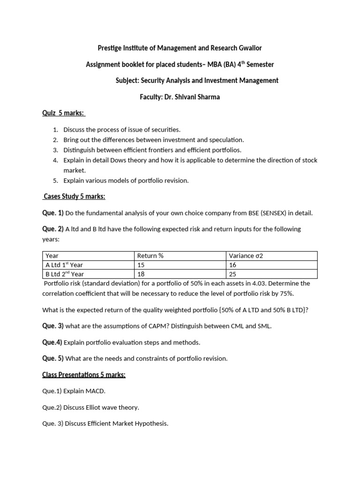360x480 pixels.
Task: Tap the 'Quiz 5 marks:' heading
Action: (63, 113)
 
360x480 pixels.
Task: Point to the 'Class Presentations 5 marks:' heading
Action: (84, 375)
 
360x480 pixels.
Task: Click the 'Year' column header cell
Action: (52, 256)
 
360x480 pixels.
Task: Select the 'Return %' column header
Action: (150, 256)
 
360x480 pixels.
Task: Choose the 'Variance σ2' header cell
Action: (246, 256)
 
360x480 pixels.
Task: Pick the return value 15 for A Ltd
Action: (141, 265)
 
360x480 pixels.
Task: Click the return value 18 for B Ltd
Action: (141, 274)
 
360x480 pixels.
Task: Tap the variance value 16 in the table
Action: (232, 265)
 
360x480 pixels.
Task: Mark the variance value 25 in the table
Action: (232, 274)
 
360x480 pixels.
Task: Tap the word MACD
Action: (98, 390)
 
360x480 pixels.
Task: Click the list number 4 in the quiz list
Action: (55, 160)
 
